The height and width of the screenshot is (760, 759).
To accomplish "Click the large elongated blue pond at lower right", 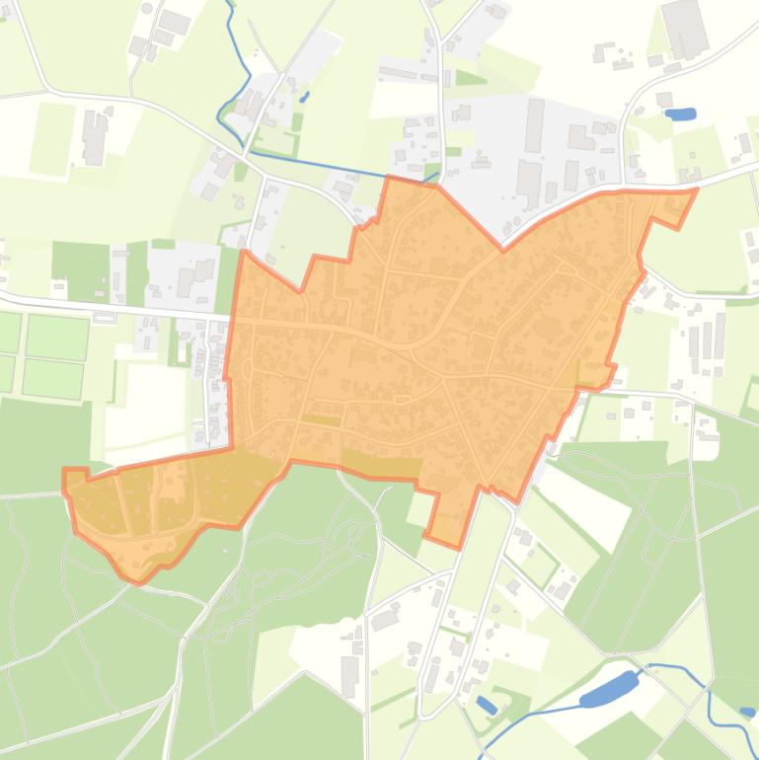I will point(609,689).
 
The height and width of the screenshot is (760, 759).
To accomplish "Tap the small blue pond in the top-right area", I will point(680,114).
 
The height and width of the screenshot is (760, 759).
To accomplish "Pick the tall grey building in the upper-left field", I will point(95,137).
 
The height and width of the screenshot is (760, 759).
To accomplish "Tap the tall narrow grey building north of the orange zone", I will point(534,124).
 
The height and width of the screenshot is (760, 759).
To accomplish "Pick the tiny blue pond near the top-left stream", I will point(304,97).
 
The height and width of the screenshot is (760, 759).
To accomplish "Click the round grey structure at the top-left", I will point(147,8).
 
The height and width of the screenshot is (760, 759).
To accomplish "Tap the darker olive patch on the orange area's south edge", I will point(381,466).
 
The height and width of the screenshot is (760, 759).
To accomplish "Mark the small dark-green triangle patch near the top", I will point(470,77).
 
